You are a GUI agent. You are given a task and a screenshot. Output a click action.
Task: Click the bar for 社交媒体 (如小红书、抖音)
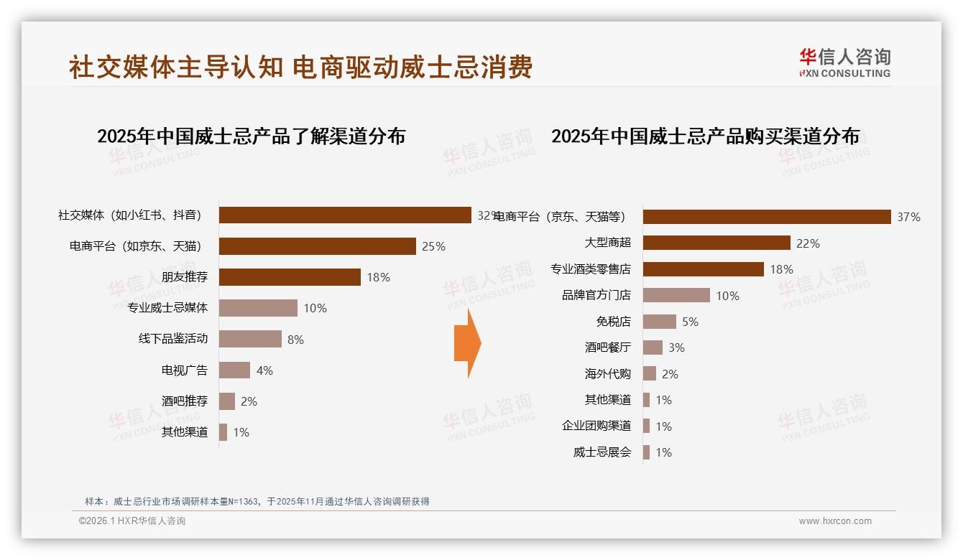point(345,215)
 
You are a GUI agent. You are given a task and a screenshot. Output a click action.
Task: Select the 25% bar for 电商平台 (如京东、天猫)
point(317,246)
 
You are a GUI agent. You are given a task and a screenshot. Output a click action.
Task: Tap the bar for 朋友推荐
point(290,277)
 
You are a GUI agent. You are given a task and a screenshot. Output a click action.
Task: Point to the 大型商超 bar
point(717,243)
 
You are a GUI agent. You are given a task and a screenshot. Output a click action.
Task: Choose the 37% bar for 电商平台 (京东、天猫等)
point(767,217)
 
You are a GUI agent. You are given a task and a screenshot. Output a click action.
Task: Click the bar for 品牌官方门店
point(676,295)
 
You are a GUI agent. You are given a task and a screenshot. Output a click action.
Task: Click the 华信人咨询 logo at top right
point(844,63)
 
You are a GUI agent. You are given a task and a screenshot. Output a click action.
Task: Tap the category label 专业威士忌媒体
point(167,308)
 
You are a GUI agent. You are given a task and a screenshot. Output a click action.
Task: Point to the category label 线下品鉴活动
point(173,339)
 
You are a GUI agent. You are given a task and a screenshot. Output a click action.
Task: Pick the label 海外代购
point(607,374)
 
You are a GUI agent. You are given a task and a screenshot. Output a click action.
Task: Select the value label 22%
point(808,243)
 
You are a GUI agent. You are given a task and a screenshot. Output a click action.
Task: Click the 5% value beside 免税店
point(690,322)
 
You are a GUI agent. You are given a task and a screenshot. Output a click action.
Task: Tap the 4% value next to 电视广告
point(264,370)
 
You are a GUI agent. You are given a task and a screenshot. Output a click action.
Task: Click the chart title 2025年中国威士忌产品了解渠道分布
point(251,136)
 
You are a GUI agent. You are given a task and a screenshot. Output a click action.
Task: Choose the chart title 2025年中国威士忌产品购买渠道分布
point(705,136)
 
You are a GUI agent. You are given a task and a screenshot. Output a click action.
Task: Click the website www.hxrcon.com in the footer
point(835,521)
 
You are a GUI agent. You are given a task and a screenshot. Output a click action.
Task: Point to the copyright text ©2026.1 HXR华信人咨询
point(132,521)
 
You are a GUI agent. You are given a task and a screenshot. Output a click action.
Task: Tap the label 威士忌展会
point(602,452)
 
